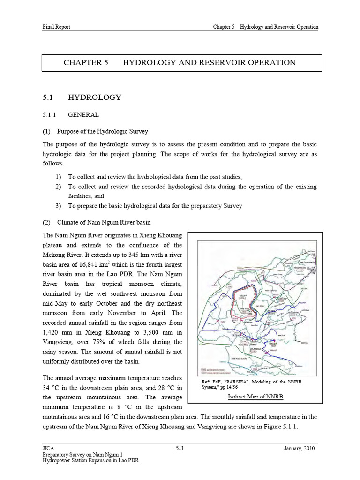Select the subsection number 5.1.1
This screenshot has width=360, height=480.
49,114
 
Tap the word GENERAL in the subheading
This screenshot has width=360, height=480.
83,114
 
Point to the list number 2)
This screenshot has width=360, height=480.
58,187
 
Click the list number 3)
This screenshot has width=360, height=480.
58,206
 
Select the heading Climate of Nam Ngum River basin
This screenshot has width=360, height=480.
104,222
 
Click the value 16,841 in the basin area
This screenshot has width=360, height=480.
87,264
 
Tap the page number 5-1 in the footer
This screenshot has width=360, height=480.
180,449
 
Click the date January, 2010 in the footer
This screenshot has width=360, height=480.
301,449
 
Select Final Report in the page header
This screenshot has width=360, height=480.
56,27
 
